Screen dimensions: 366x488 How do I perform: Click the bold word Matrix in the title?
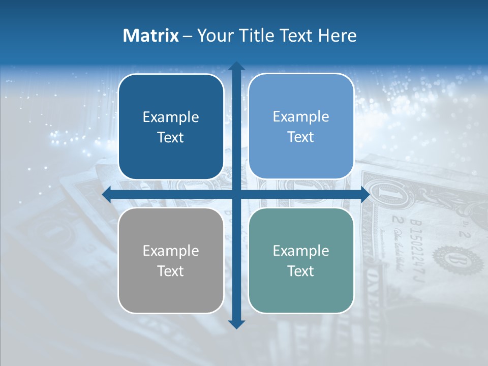[x=151, y=36]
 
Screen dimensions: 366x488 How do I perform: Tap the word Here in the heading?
[x=338, y=36]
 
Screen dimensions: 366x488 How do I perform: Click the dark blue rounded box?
[x=171, y=127]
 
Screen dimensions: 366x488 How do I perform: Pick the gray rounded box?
[x=171, y=260]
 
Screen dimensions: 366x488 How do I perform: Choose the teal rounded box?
[x=301, y=260]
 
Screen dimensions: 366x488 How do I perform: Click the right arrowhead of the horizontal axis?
[x=365, y=195]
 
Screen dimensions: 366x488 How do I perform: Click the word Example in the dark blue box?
[x=171, y=117]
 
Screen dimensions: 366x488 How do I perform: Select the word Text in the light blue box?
[x=301, y=137]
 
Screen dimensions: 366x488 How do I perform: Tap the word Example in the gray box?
[x=171, y=251]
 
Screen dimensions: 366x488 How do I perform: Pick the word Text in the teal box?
[x=301, y=271]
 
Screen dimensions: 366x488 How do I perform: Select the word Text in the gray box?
[x=171, y=271]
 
